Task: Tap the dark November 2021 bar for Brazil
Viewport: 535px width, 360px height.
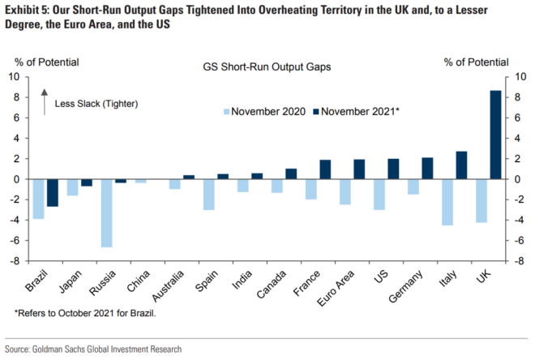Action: tap(53, 192)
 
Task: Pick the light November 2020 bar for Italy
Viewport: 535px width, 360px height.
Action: tap(447, 202)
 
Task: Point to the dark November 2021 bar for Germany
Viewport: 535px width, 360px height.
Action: tap(427, 168)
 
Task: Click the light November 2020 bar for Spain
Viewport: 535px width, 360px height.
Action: tap(209, 194)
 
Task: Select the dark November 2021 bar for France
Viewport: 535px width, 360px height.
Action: tap(325, 169)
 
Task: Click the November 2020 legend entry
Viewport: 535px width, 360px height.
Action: tap(264, 111)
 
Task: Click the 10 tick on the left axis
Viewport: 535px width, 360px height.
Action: tap(14, 77)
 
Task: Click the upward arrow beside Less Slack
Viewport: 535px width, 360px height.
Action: tap(45, 97)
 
